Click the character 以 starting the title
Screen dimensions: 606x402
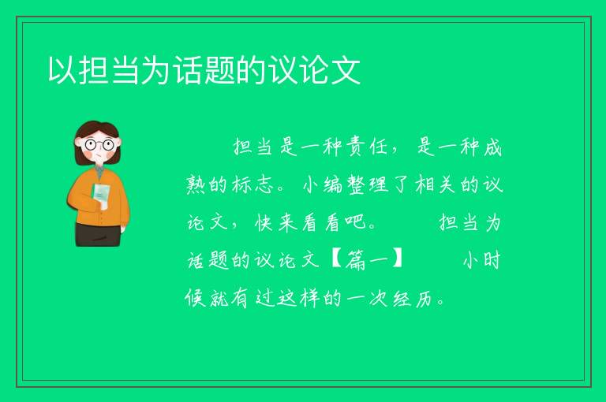click(x=62, y=70)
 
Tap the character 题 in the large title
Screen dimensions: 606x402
click(x=220, y=70)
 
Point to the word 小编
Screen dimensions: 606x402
click(x=322, y=184)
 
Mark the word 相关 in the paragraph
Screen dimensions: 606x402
click(x=436, y=184)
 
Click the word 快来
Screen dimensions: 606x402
click(x=276, y=222)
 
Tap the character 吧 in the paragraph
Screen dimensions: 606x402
click(x=356, y=222)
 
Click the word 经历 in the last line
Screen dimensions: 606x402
click(x=413, y=298)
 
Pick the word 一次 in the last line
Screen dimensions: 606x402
click(x=368, y=298)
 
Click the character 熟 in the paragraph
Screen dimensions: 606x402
click(x=197, y=184)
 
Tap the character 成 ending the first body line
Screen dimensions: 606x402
click(x=492, y=147)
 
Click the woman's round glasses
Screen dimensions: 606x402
click(x=99, y=145)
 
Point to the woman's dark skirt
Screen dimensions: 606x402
click(x=98, y=235)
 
